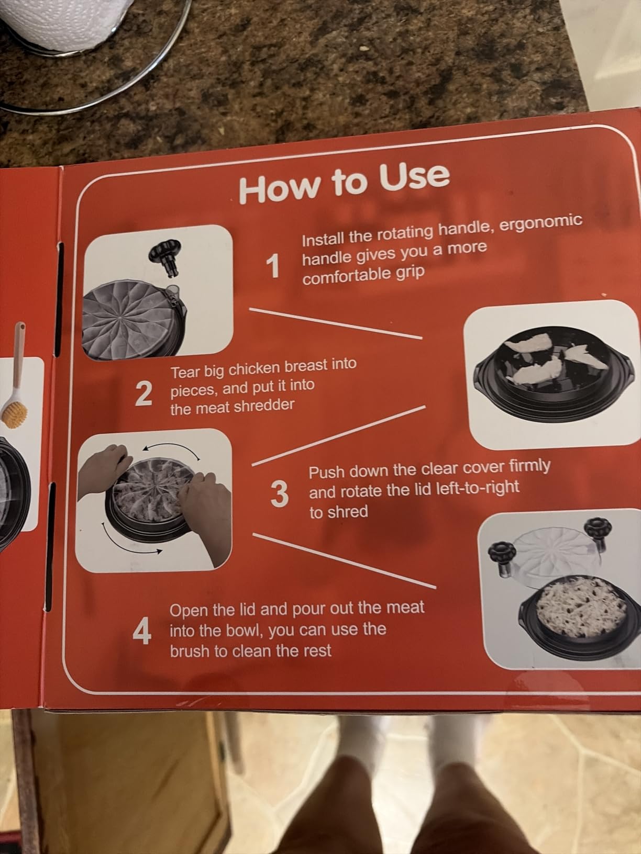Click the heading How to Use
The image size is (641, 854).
(x=345, y=183)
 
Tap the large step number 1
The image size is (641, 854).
(x=273, y=266)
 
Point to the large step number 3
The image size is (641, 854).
(x=280, y=494)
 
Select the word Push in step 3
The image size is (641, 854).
(x=327, y=473)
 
